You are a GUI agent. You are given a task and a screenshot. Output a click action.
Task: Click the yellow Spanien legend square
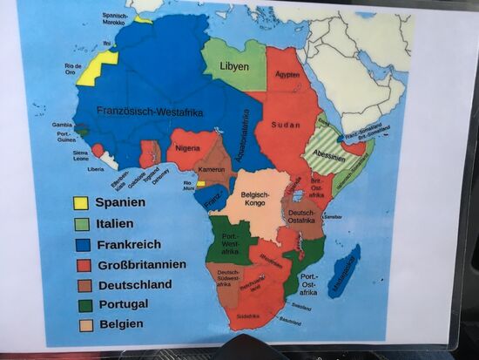(81, 203)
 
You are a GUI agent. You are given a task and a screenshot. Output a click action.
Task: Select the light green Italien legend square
(81, 224)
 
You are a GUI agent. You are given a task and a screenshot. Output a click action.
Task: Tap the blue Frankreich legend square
(81, 245)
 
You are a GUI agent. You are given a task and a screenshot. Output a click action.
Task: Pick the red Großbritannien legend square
(81, 265)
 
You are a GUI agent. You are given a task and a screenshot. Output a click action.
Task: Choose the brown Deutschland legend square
(81, 285)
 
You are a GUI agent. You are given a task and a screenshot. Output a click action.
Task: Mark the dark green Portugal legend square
(81, 305)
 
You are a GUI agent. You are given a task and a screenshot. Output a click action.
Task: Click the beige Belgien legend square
(81, 325)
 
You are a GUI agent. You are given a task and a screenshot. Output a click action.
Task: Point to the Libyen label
(233, 66)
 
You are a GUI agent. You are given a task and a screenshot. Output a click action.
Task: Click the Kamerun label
(212, 168)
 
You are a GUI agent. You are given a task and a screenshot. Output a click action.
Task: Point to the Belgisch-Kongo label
(255, 200)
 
